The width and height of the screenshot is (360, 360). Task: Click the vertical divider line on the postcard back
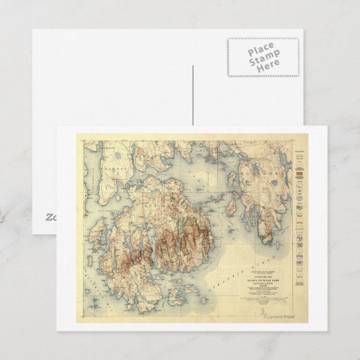click(193, 95)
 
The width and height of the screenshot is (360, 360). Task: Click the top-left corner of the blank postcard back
click(32, 29)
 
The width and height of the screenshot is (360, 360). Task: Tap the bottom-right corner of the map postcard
click(327, 331)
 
